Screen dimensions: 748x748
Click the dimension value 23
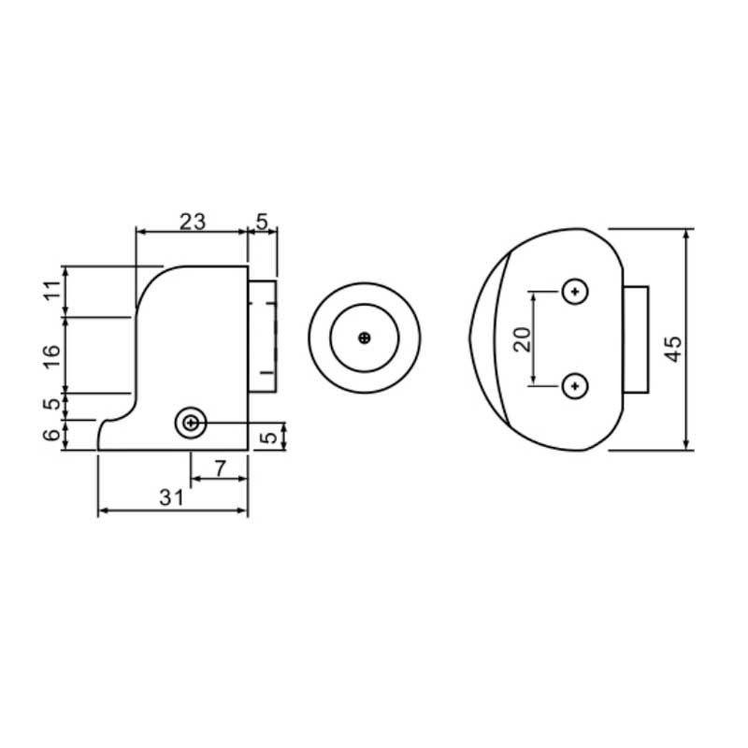(193, 222)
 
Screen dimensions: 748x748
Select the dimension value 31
(171, 498)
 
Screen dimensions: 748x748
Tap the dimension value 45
(673, 349)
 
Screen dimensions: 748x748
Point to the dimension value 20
(523, 339)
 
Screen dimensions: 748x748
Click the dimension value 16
(52, 356)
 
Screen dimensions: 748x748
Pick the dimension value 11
(52, 290)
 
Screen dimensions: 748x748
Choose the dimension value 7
(220, 469)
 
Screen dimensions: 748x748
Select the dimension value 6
(52, 435)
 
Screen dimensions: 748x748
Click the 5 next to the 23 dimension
(263, 222)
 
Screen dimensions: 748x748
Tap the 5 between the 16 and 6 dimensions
(52, 404)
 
